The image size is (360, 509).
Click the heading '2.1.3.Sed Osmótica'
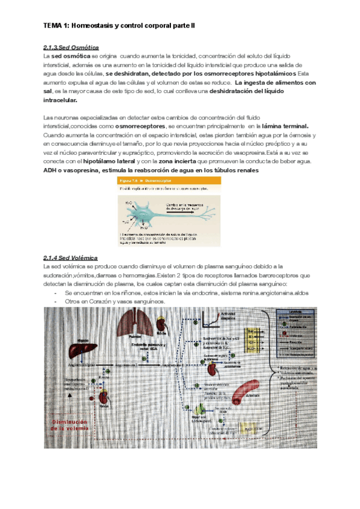pyautogui.click(x=71, y=47)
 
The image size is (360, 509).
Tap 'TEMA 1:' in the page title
pyautogui.click(x=57, y=26)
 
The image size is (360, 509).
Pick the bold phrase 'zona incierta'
pyautogui.click(x=178, y=161)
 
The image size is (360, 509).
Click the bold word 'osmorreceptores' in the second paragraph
pyautogui.click(x=142, y=127)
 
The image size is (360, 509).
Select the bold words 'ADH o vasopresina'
pyautogui.click(x=72, y=170)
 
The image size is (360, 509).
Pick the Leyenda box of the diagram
pyautogui.click(x=298, y=333)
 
